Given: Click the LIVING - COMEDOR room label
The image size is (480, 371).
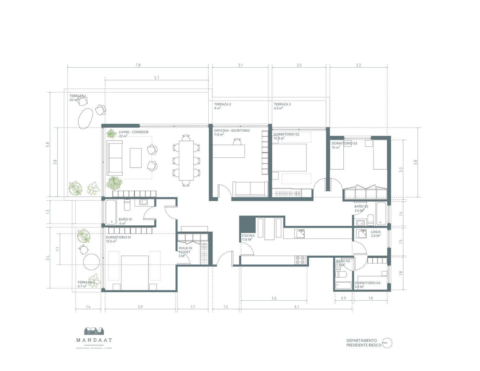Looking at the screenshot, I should [x=134, y=132].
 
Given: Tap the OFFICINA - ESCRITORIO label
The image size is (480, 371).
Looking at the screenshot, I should [x=232, y=131].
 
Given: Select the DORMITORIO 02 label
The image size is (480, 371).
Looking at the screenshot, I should [x=286, y=134].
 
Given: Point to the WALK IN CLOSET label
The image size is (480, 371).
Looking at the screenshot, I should [x=185, y=250].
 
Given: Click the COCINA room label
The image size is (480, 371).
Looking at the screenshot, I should [x=248, y=236].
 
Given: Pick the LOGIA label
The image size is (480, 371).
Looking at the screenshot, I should [x=375, y=232].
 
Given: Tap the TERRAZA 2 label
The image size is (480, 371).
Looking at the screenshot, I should [x=222, y=104].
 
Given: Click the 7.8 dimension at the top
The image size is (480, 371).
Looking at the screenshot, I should [x=138, y=65].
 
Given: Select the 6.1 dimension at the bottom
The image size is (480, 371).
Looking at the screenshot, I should [x=297, y=307].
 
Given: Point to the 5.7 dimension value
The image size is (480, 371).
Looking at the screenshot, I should [x=157, y=78].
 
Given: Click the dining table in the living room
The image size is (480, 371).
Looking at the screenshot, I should [x=186, y=160].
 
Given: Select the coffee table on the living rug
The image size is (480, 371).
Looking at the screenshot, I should [x=136, y=158].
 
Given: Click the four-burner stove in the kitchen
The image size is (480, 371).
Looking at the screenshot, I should [x=300, y=260].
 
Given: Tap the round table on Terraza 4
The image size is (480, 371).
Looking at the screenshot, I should [x=91, y=262].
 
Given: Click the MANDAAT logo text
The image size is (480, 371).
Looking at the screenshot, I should [x=94, y=340].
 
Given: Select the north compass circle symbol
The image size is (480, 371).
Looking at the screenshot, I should [x=387, y=343].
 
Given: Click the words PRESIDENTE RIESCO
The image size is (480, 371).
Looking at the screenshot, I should [x=363, y=345].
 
